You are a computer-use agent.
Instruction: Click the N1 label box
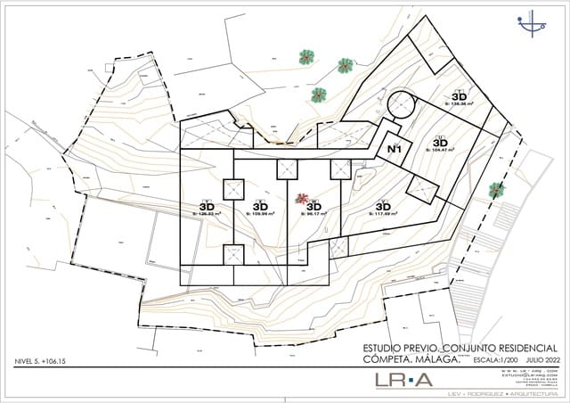(395, 150)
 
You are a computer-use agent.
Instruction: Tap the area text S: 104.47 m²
(440, 151)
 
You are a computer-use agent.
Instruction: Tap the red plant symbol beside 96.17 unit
(303, 199)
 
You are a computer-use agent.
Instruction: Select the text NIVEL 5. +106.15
(42, 361)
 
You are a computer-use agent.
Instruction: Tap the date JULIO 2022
(541, 359)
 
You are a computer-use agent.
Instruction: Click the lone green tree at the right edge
(496, 189)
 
